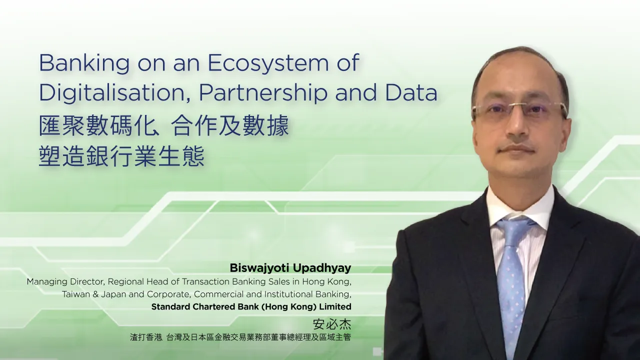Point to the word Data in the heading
(411, 92)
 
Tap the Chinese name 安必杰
(332, 323)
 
